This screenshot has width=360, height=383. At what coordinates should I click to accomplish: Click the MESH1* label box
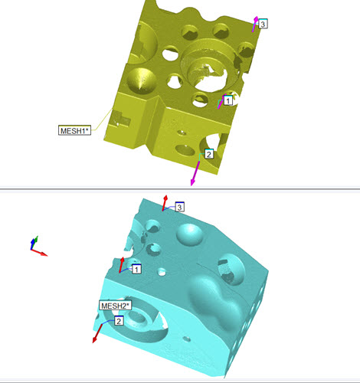[74, 130]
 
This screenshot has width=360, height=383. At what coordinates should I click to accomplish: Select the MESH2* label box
[116, 306]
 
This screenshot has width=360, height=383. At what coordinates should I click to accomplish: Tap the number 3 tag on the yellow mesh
[263, 24]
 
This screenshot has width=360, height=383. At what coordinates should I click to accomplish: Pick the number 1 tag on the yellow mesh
[228, 100]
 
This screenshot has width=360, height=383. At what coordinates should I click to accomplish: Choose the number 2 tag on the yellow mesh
[208, 154]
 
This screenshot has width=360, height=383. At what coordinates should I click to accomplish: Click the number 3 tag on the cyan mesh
[179, 207]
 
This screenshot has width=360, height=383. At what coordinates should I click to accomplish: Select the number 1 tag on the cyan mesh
[136, 269]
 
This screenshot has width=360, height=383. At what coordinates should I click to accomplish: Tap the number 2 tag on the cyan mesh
[119, 321]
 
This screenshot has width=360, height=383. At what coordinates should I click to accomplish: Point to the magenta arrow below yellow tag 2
[195, 172]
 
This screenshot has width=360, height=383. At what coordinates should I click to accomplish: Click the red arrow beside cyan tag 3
[165, 203]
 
